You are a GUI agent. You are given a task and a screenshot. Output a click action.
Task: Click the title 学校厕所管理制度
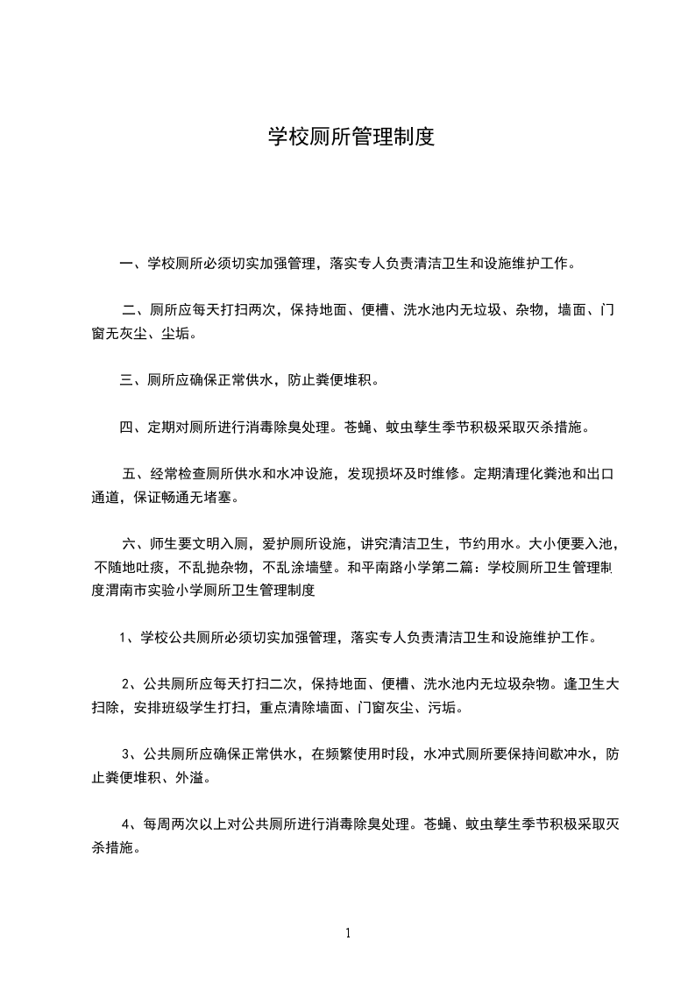[x=351, y=138]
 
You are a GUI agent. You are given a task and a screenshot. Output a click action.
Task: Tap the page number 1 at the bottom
[x=348, y=933]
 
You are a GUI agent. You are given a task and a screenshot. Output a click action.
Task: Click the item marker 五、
[x=136, y=475]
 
